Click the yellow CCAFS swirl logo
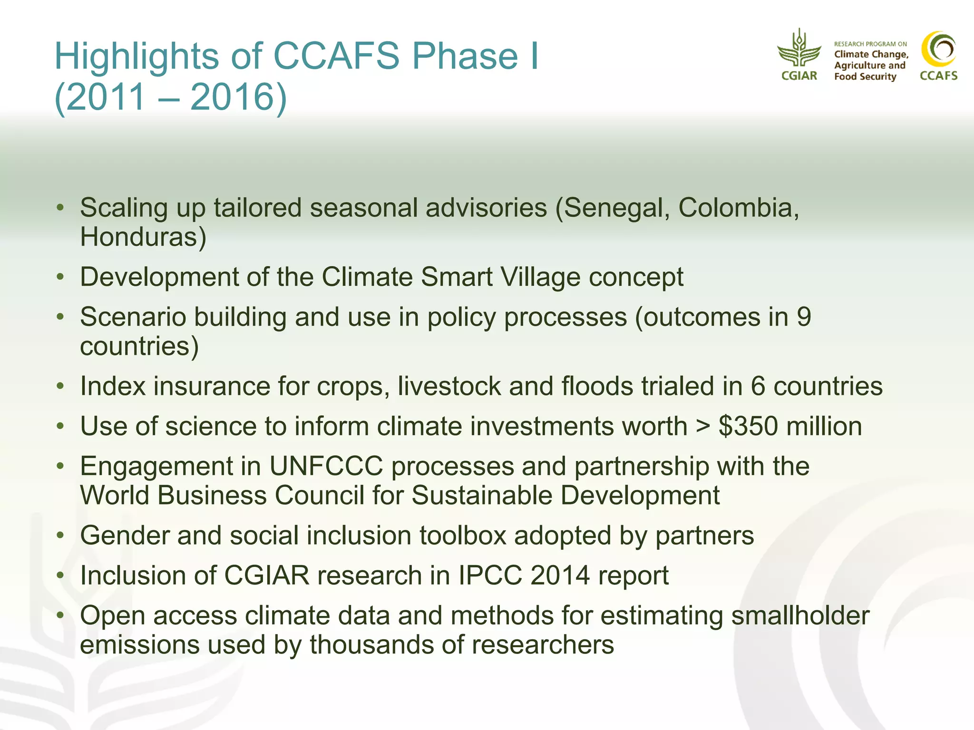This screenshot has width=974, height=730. click(938, 49)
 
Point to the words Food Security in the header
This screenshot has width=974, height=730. click(865, 77)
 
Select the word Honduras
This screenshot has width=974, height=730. click(143, 237)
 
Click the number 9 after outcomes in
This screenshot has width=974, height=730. click(803, 317)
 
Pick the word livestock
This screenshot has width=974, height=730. click(449, 386)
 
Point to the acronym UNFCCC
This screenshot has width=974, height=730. click(326, 466)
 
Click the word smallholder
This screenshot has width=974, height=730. click(800, 616)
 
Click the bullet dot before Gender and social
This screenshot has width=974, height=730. click(60, 536)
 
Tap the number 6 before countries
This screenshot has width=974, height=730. click(758, 386)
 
